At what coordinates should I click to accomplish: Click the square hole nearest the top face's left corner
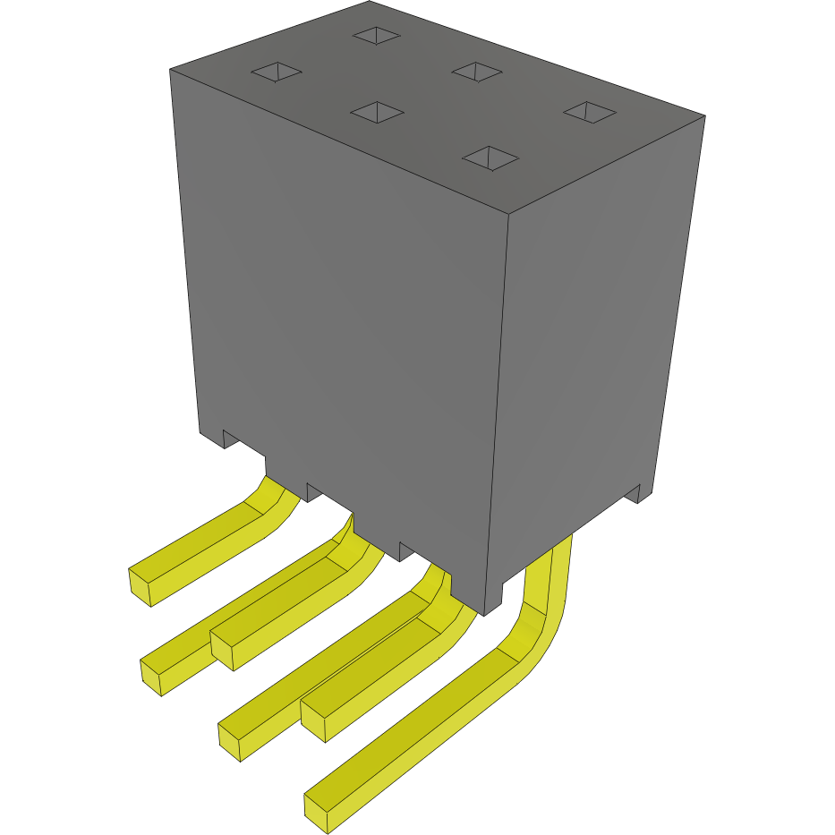pyautogui.click(x=277, y=72)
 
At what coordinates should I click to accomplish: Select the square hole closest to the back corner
pyautogui.click(x=376, y=35)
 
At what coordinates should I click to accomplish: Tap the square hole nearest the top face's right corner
pyautogui.click(x=589, y=112)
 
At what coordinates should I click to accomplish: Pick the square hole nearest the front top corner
pyautogui.click(x=490, y=158)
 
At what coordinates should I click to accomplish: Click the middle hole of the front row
pyautogui.click(x=376, y=111)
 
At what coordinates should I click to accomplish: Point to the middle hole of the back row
pyautogui.click(x=476, y=70)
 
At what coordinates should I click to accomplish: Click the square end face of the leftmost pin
pyautogui.click(x=141, y=586)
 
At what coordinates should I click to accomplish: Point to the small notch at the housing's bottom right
pyautogui.click(x=636, y=493)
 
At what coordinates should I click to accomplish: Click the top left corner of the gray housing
pyautogui.click(x=171, y=69)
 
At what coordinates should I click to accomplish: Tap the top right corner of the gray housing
pyautogui.click(x=704, y=116)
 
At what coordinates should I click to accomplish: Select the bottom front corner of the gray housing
pyautogui.click(x=484, y=614)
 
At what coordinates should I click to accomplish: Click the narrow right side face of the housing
pyautogui.click(x=591, y=358)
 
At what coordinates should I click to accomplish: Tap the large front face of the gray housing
pyautogui.click(x=340, y=313)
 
